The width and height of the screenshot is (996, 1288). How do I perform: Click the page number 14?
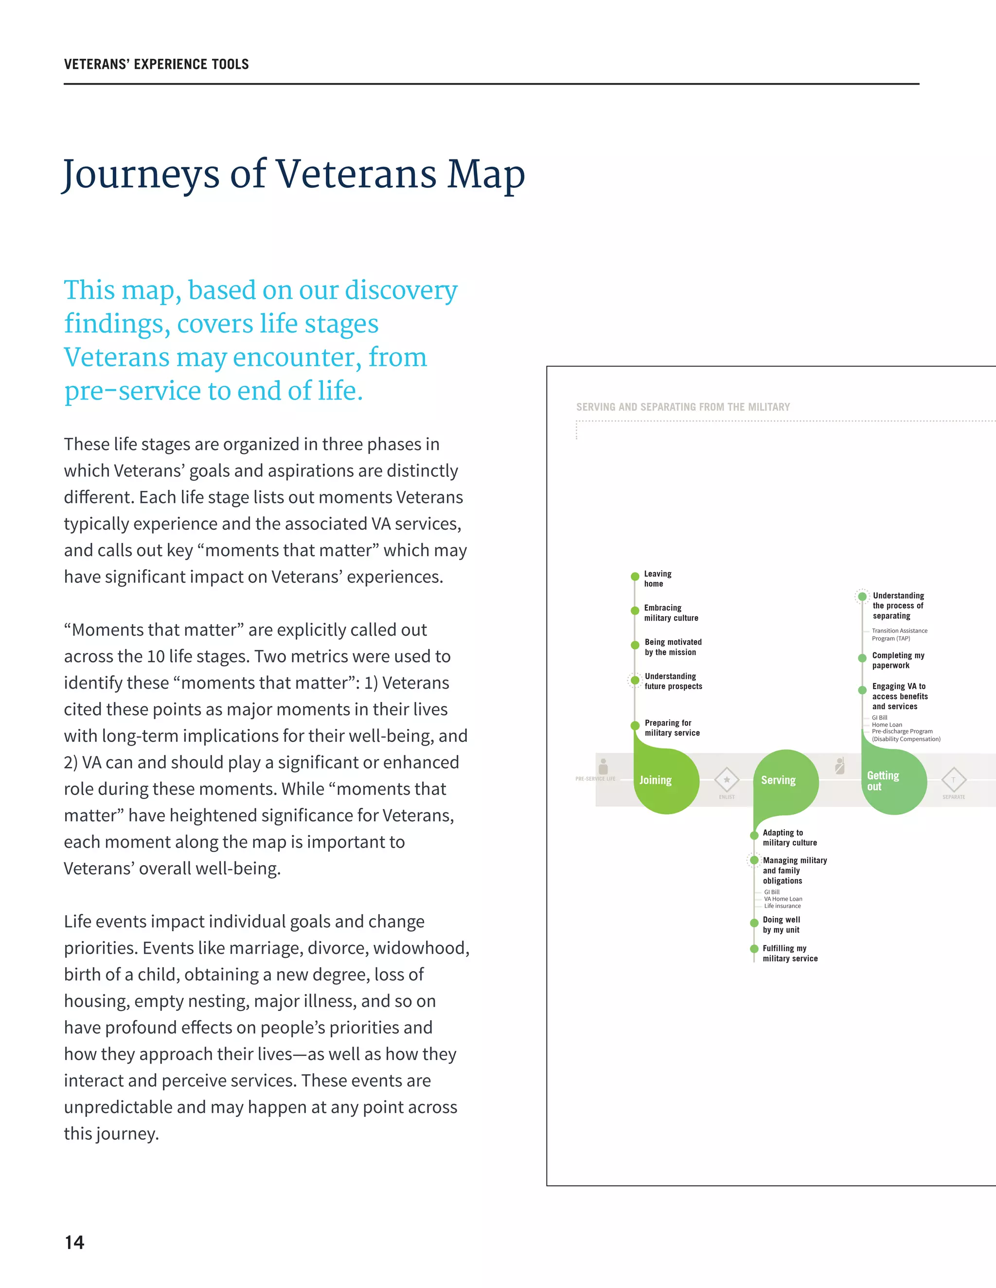(x=74, y=1243)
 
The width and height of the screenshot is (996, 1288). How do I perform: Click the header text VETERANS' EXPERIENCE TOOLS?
(x=157, y=64)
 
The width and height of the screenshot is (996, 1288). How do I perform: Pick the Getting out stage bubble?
(x=893, y=782)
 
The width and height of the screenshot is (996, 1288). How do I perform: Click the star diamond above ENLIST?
(x=727, y=780)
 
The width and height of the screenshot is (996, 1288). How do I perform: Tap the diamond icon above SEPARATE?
(x=954, y=780)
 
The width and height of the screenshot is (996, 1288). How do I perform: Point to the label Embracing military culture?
(x=671, y=613)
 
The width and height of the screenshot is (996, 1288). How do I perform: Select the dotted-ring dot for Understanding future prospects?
(x=635, y=680)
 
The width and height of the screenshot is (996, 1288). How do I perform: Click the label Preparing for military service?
(x=672, y=728)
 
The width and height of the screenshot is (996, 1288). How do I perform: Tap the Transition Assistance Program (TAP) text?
(x=899, y=635)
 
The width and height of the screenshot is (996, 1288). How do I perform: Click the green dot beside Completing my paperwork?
(x=862, y=658)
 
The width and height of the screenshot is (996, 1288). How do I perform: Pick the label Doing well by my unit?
(x=781, y=925)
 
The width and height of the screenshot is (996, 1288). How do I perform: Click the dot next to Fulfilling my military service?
(x=754, y=949)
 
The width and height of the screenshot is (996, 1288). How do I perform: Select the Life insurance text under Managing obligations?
(x=783, y=906)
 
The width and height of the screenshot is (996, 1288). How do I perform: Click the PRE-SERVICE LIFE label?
(x=595, y=779)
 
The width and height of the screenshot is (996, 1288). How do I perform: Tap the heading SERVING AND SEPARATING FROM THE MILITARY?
(x=683, y=407)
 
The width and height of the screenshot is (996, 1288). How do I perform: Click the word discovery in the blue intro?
(x=401, y=290)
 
